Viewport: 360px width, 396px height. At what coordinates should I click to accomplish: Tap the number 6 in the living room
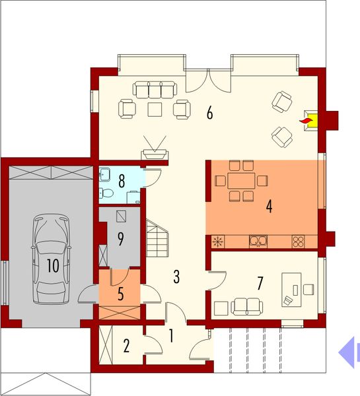(x=209, y=113)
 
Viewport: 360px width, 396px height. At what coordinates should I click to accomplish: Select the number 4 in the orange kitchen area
(x=269, y=207)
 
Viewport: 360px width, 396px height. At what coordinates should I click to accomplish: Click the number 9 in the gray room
(x=120, y=239)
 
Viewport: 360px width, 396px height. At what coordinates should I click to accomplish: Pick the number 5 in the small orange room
(x=120, y=293)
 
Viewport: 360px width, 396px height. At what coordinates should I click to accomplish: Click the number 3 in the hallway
(x=177, y=275)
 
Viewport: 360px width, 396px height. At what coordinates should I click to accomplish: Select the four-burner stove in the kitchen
(x=299, y=242)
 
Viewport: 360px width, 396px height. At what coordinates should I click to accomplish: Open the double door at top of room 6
(x=208, y=81)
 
